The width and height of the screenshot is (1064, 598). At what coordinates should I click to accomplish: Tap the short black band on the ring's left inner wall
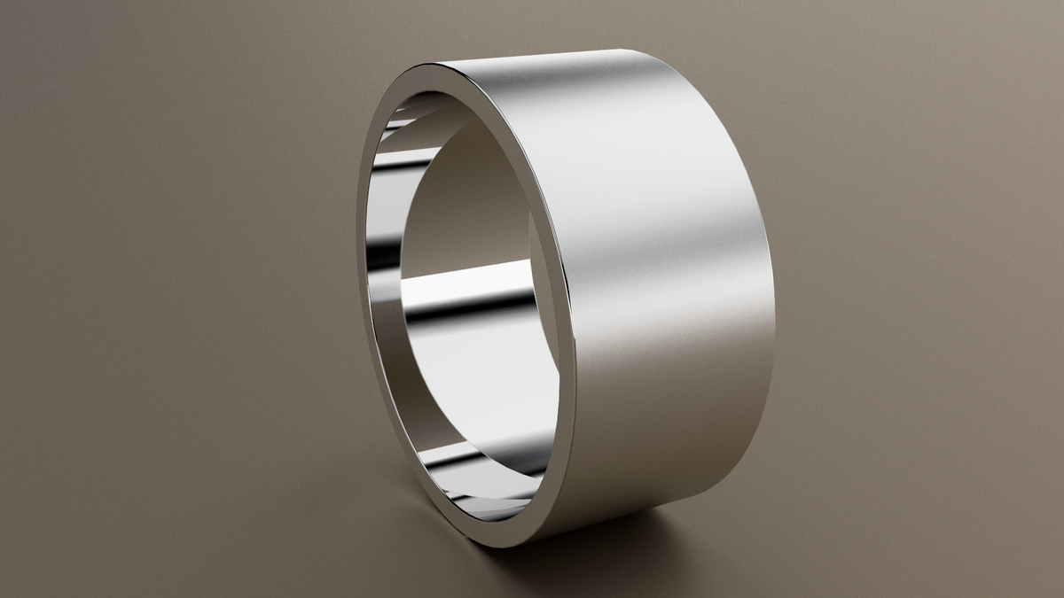click(x=383, y=257)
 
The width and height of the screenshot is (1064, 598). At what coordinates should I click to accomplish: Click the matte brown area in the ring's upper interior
click(x=470, y=195)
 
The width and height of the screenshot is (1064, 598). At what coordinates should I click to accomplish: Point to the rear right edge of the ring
click(x=770, y=292)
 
